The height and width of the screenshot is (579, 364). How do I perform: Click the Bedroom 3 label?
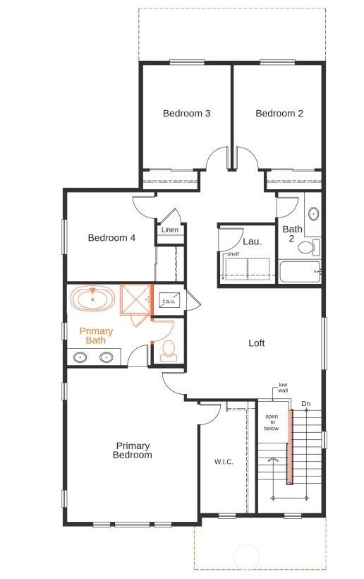tap(187, 113)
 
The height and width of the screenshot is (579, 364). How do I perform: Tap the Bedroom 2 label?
tap(279, 113)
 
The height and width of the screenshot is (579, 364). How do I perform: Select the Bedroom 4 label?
tap(111, 238)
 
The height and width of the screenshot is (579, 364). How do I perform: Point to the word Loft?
tap(257, 343)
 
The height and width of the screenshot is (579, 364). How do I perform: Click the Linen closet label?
tap(170, 229)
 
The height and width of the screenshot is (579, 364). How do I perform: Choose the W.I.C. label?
tap(224, 462)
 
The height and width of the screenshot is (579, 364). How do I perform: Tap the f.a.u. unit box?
tap(169, 300)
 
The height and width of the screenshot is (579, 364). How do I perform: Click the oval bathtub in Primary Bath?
tap(93, 298)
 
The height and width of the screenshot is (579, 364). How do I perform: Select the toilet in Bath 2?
tap(309, 247)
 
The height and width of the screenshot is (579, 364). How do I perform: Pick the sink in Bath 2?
tap(314, 214)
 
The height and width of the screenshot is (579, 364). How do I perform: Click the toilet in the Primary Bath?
tap(169, 351)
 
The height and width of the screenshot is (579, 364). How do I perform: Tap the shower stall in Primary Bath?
tap(135, 299)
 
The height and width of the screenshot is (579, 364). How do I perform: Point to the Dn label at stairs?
tap(306, 404)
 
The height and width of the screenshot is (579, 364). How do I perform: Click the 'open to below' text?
tap(272, 422)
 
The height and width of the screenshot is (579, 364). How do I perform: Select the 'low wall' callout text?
tap(283, 388)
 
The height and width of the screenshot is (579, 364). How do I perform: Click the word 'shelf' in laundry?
tap(233, 254)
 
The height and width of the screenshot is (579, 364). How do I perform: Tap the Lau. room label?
tap(253, 242)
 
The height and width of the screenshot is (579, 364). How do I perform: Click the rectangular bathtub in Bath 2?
tap(300, 272)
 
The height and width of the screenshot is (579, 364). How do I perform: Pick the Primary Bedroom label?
tap(133, 450)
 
